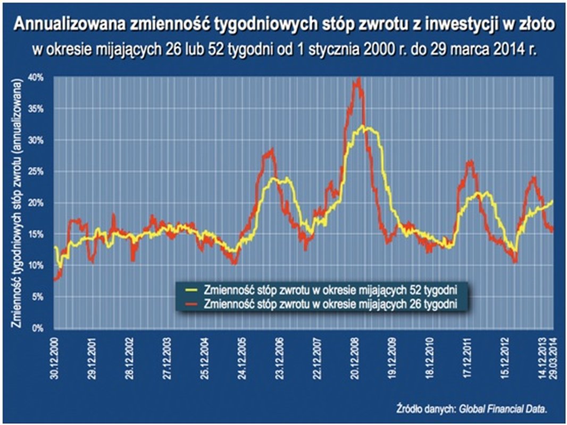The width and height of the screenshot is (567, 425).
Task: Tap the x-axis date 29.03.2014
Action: tap(554, 356)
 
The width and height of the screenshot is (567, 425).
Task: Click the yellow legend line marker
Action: tap(191, 290)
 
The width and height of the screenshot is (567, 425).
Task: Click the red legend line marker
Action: tap(191, 303)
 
